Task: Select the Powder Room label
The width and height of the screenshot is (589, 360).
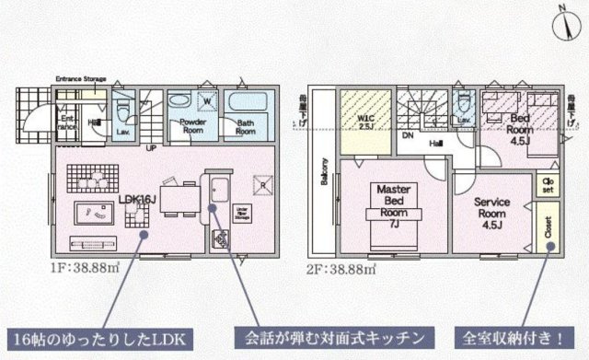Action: [191, 126]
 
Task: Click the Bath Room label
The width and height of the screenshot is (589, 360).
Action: [245, 127]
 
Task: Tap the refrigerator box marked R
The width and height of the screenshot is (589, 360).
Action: [261, 183]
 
